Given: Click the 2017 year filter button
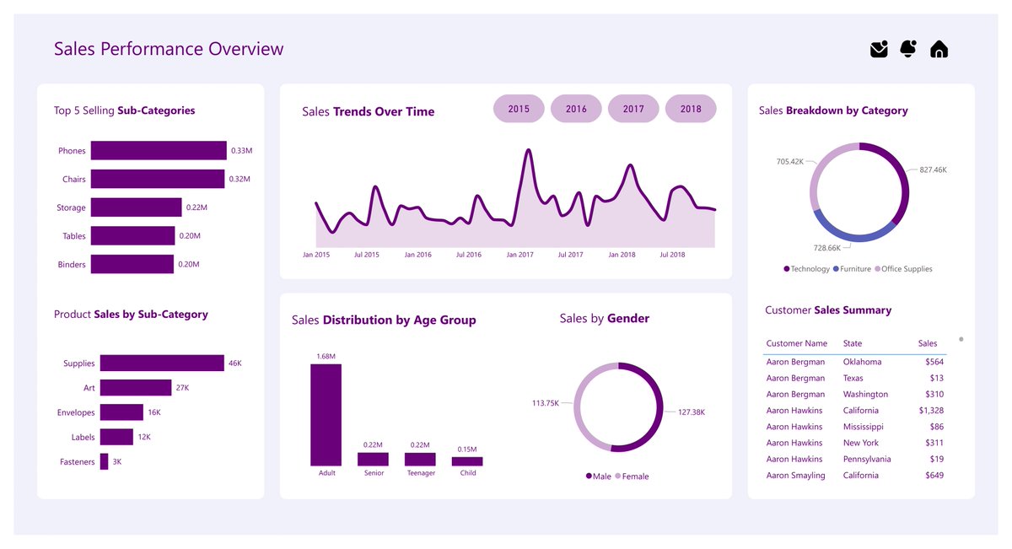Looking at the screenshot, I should tap(633, 109).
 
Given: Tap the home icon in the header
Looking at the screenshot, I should tap(939, 50).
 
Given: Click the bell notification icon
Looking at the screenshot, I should tap(908, 49).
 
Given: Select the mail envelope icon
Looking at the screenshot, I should tap(879, 50).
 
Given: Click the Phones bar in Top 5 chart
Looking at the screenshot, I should tap(159, 151).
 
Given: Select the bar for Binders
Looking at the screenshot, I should tap(132, 265).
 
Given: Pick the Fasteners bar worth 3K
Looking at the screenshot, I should tap(104, 462).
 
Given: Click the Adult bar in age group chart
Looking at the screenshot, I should tap(326, 415).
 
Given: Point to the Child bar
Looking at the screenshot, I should tap(467, 461).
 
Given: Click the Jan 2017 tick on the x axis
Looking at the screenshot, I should tap(519, 255).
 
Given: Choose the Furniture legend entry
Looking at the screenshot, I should tap(853, 269).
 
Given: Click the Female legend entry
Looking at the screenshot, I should tap(632, 476).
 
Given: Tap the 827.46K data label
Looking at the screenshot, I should tap(933, 170).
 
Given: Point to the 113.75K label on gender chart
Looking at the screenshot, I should tap(546, 403).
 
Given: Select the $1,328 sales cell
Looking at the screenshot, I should tap(930, 411).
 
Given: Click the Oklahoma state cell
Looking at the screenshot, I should tap(862, 362).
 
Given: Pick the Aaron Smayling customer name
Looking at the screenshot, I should tap(795, 476).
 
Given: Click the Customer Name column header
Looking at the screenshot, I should tap(796, 344).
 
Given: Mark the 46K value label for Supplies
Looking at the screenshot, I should tap(235, 363).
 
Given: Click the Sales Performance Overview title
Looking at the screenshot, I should tap(169, 49).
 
